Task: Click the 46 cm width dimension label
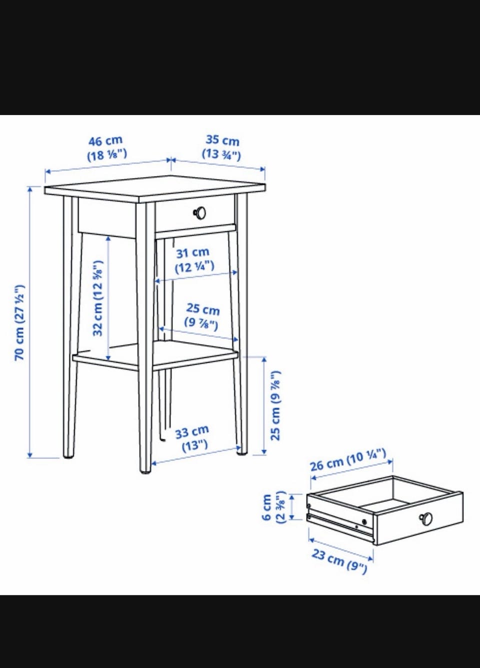(x=106, y=148)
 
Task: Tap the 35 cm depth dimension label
(x=222, y=147)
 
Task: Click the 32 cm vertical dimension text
(x=98, y=298)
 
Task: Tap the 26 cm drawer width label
(x=348, y=464)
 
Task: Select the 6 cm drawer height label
(x=273, y=507)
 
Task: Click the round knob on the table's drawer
(x=200, y=213)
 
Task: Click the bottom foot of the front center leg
(x=145, y=470)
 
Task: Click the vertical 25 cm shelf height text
(x=275, y=405)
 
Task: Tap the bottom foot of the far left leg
(x=68, y=455)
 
